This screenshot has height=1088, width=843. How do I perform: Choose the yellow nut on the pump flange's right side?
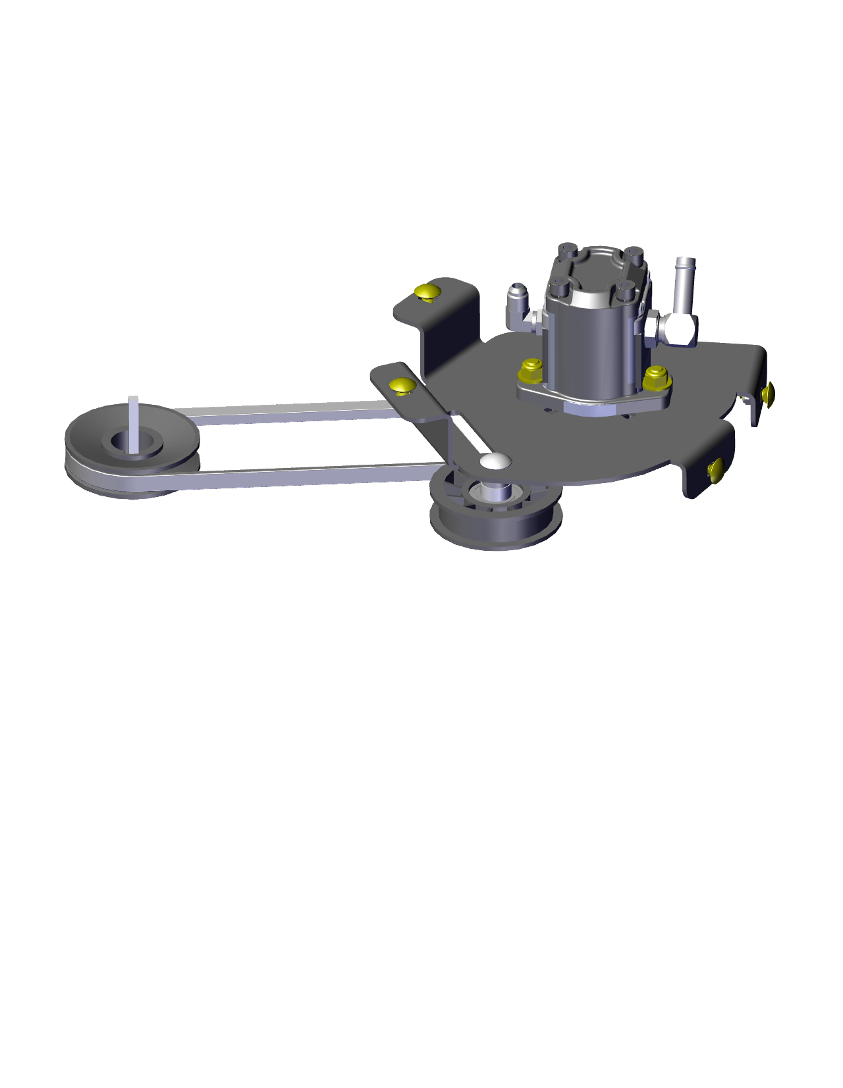point(655,377)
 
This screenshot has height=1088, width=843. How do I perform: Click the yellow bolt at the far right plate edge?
point(767,394)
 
